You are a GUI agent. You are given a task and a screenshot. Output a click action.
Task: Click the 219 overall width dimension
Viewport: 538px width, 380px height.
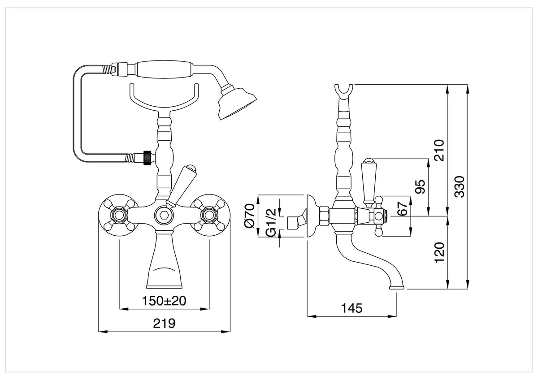click(164, 324)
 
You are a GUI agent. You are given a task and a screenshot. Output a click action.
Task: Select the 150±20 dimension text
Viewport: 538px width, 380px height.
click(164, 301)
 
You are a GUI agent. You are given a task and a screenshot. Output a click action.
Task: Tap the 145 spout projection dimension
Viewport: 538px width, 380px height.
click(351, 308)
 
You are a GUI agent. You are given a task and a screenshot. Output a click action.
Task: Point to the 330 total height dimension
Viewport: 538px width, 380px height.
click(460, 187)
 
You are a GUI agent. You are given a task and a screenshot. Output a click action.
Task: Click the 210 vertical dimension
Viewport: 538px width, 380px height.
click(439, 150)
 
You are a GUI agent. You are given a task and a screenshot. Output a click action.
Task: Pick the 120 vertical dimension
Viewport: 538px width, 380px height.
click(439, 253)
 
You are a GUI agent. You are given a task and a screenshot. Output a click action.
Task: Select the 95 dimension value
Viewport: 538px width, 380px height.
click(420, 186)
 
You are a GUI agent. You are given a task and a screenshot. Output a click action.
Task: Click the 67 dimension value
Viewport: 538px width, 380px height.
click(403, 208)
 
